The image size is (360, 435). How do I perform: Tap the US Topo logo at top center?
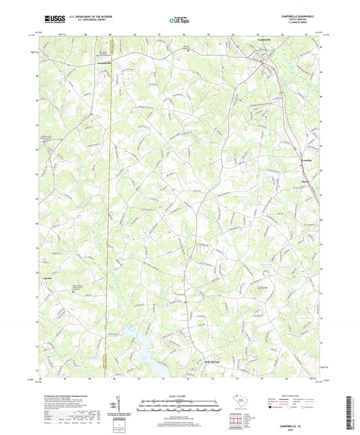pyautogui.click(x=179, y=20)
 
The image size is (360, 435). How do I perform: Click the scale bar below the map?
pyautogui.click(x=180, y=409)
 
